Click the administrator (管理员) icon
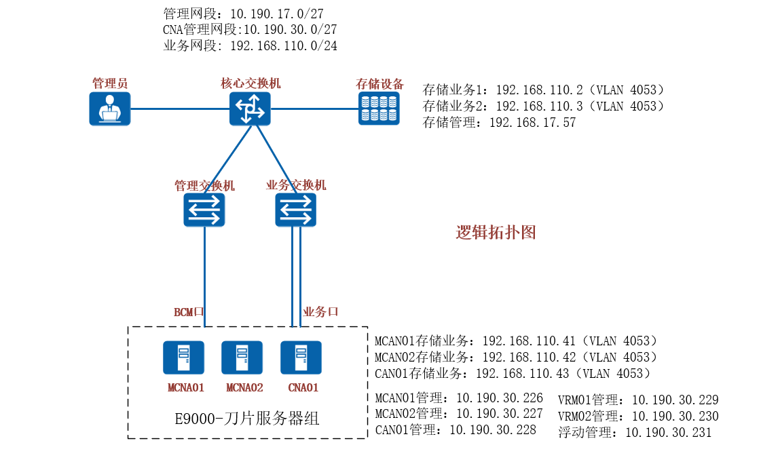click(x=109, y=109)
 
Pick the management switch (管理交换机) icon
click(x=204, y=209)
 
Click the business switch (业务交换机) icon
click(x=295, y=209)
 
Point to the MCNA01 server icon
click(x=183, y=358)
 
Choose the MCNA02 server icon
click(x=242, y=358)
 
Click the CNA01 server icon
click(x=301, y=358)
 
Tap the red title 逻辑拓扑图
click(x=496, y=233)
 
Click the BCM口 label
click(x=189, y=312)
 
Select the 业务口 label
click(x=320, y=312)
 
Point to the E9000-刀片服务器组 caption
click(x=247, y=419)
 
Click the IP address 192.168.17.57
click(x=532, y=123)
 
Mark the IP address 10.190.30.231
click(x=668, y=432)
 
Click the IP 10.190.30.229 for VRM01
click(x=675, y=400)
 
